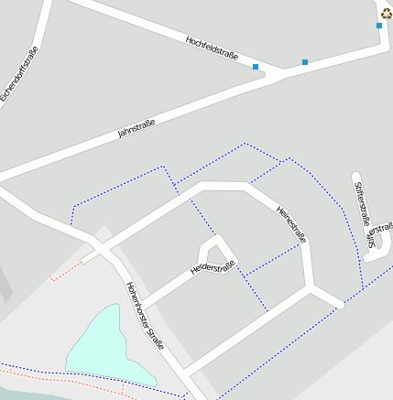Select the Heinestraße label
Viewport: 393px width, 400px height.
tap(290, 223)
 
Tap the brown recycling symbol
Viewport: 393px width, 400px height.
tap(386, 13)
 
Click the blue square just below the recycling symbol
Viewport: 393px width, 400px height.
tap(379, 26)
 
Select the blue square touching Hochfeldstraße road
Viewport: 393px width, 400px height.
tap(256, 67)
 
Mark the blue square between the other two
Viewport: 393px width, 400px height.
tap(305, 62)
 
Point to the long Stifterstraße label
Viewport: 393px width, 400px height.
tap(362, 204)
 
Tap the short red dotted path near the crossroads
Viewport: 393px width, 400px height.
tap(66, 270)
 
